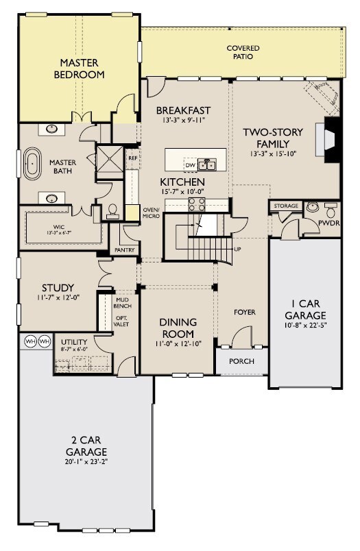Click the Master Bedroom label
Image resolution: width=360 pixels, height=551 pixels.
pyautogui.click(x=79, y=69)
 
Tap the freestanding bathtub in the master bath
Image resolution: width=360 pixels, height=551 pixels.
pyautogui.click(x=32, y=164)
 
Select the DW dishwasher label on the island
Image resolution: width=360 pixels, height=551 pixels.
pyautogui.click(x=190, y=164)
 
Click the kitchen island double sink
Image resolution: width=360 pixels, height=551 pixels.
pyautogui.click(x=206, y=164)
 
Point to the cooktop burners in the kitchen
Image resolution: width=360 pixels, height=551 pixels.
pyautogui.click(x=197, y=204)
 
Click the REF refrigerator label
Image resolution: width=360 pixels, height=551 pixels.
pyautogui.click(x=132, y=158)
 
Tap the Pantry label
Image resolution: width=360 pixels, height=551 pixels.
pyautogui.click(x=124, y=250)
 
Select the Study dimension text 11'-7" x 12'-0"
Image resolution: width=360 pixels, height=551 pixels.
pyautogui.click(x=58, y=297)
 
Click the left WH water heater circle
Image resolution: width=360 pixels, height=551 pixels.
pyautogui.click(x=31, y=341)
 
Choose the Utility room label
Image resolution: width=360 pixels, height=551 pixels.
pyautogui.click(x=74, y=342)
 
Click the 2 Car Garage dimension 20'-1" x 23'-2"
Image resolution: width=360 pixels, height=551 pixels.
pyautogui.click(x=86, y=462)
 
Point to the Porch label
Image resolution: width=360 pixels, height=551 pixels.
pyautogui.click(x=241, y=361)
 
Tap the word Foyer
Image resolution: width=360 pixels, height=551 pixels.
pyautogui.click(x=245, y=312)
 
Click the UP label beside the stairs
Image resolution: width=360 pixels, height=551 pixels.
pyautogui.click(x=237, y=249)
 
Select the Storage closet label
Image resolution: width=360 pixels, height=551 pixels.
pyautogui.click(x=286, y=206)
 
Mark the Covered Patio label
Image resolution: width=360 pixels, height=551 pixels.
pyautogui.click(x=243, y=52)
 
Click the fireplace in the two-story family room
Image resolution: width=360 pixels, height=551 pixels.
pyautogui.click(x=328, y=140)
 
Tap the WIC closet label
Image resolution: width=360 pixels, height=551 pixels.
pyautogui.click(x=59, y=227)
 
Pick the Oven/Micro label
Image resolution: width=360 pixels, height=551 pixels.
pyautogui.click(x=151, y=212)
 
